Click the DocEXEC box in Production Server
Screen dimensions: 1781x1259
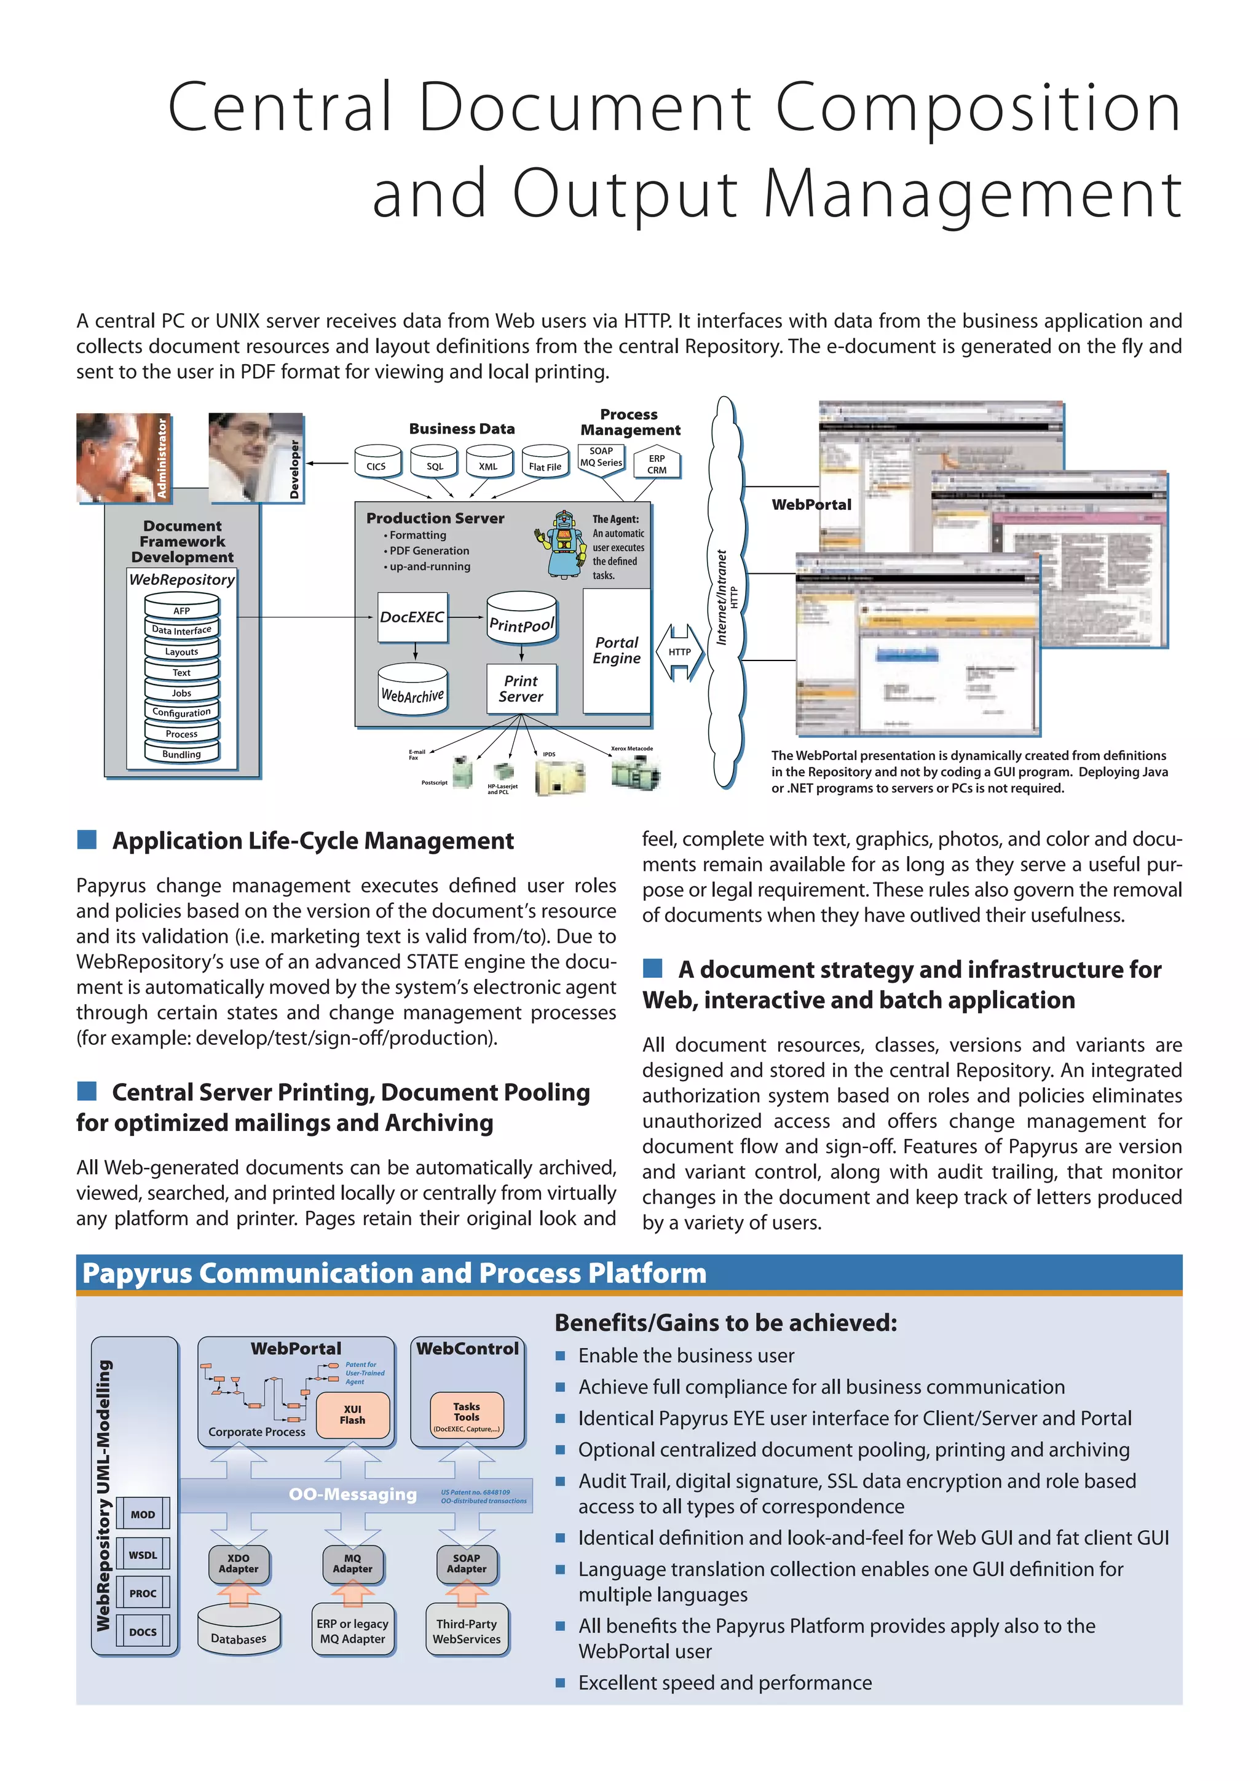412,617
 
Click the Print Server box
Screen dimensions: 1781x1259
521,688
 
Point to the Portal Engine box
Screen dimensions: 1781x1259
617,650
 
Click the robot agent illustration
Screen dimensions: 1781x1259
563,544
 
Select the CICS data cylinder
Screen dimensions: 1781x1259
377,463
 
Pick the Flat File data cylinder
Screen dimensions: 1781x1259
545,463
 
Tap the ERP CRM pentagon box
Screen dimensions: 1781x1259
657,464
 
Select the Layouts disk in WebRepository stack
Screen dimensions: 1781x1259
181,650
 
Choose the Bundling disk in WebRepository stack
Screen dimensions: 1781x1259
181,752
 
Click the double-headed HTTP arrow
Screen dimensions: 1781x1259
679,652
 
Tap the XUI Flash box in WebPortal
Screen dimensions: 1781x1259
353,1414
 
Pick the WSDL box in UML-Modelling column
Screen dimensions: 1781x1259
143,1555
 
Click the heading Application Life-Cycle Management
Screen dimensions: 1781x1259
312,841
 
